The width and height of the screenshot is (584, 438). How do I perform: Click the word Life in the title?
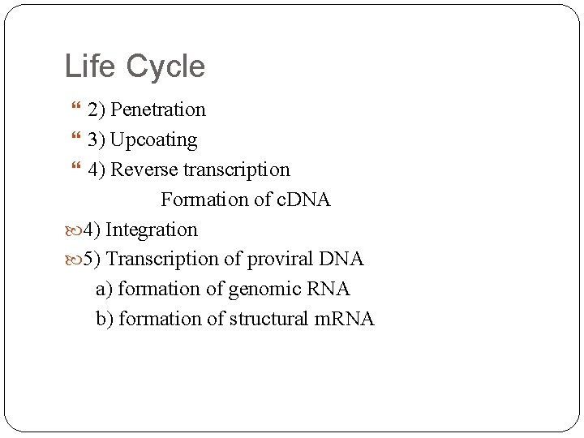[90, 66]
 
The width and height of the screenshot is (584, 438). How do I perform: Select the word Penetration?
[158, 109]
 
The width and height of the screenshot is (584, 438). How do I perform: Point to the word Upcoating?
[154, 140]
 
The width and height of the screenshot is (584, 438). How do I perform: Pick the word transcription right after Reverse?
[241, 170]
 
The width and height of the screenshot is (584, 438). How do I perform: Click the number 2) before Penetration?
[97, 109]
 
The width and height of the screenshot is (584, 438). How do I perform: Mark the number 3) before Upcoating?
[97, 140]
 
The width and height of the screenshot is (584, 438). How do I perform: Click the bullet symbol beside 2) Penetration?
[77, 109]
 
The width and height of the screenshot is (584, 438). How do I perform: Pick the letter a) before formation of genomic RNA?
[105, 289]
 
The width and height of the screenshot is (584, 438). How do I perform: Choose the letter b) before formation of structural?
[105, 319]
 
